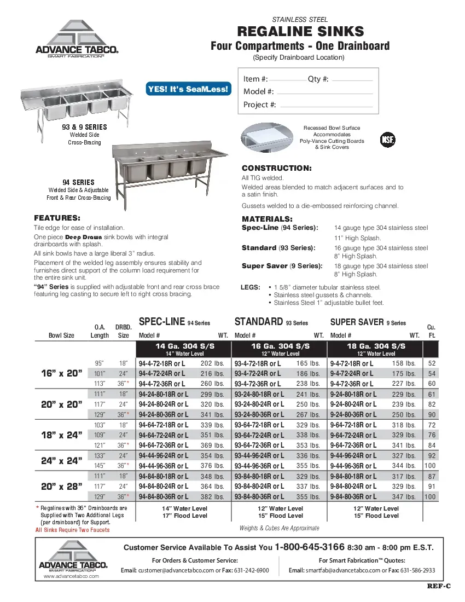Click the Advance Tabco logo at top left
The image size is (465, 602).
[77, 38]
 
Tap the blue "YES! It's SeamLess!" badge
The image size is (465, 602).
[188, 89]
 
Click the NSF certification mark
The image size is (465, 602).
[387, 140]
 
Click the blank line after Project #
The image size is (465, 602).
[326, 105]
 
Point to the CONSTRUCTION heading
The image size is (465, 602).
[276, 168]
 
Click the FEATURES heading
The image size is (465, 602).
[57, 217]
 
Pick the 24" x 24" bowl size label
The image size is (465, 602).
[62, 460]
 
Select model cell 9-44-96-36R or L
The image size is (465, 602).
[354, 466]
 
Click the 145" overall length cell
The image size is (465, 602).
[99, 466]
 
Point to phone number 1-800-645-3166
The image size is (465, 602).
[309, 547]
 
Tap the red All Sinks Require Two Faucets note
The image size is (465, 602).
[72, 530]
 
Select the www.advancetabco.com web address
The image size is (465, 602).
[71, 576]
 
